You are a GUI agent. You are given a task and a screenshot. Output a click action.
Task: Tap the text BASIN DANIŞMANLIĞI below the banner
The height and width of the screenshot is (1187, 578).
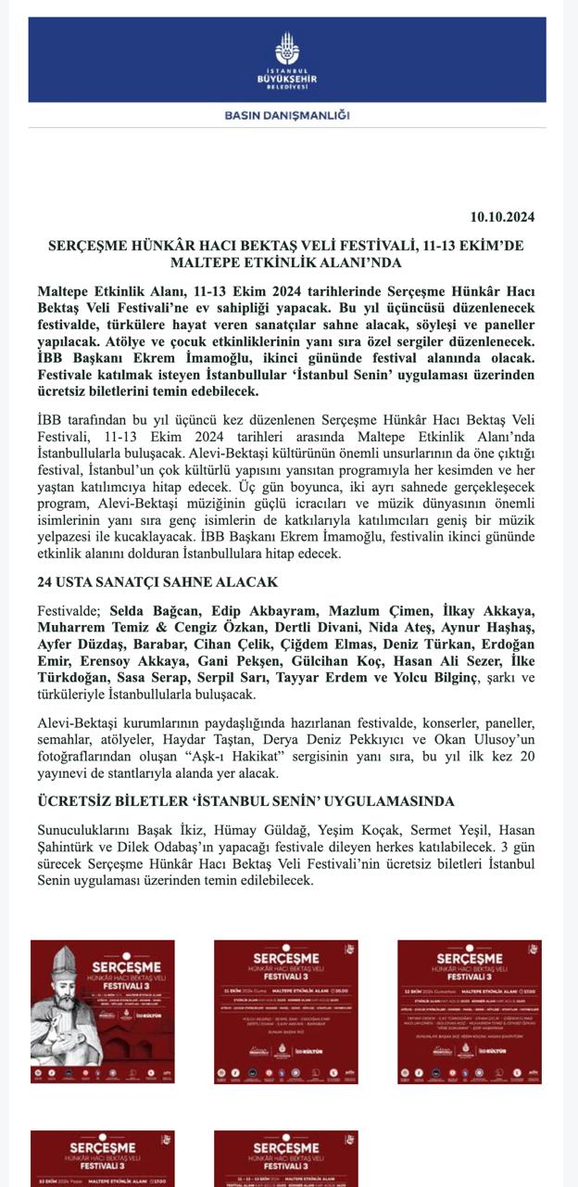pos(287,116)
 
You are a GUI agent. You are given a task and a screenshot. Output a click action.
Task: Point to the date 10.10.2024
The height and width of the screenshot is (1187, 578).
pos(502,218)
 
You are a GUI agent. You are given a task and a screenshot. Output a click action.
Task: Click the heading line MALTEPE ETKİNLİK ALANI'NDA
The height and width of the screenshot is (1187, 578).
pos(287,263)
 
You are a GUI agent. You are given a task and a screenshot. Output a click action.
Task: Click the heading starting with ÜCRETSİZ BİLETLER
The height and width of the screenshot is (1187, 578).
pos(246,800)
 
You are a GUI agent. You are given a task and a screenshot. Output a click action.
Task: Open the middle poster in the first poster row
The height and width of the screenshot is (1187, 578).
pos(286,1012)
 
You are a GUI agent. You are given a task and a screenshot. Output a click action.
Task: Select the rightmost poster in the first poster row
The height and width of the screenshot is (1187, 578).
pos(470,1012)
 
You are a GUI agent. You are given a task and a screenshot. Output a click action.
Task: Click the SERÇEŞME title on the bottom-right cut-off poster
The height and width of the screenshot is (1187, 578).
pos(286,1145)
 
